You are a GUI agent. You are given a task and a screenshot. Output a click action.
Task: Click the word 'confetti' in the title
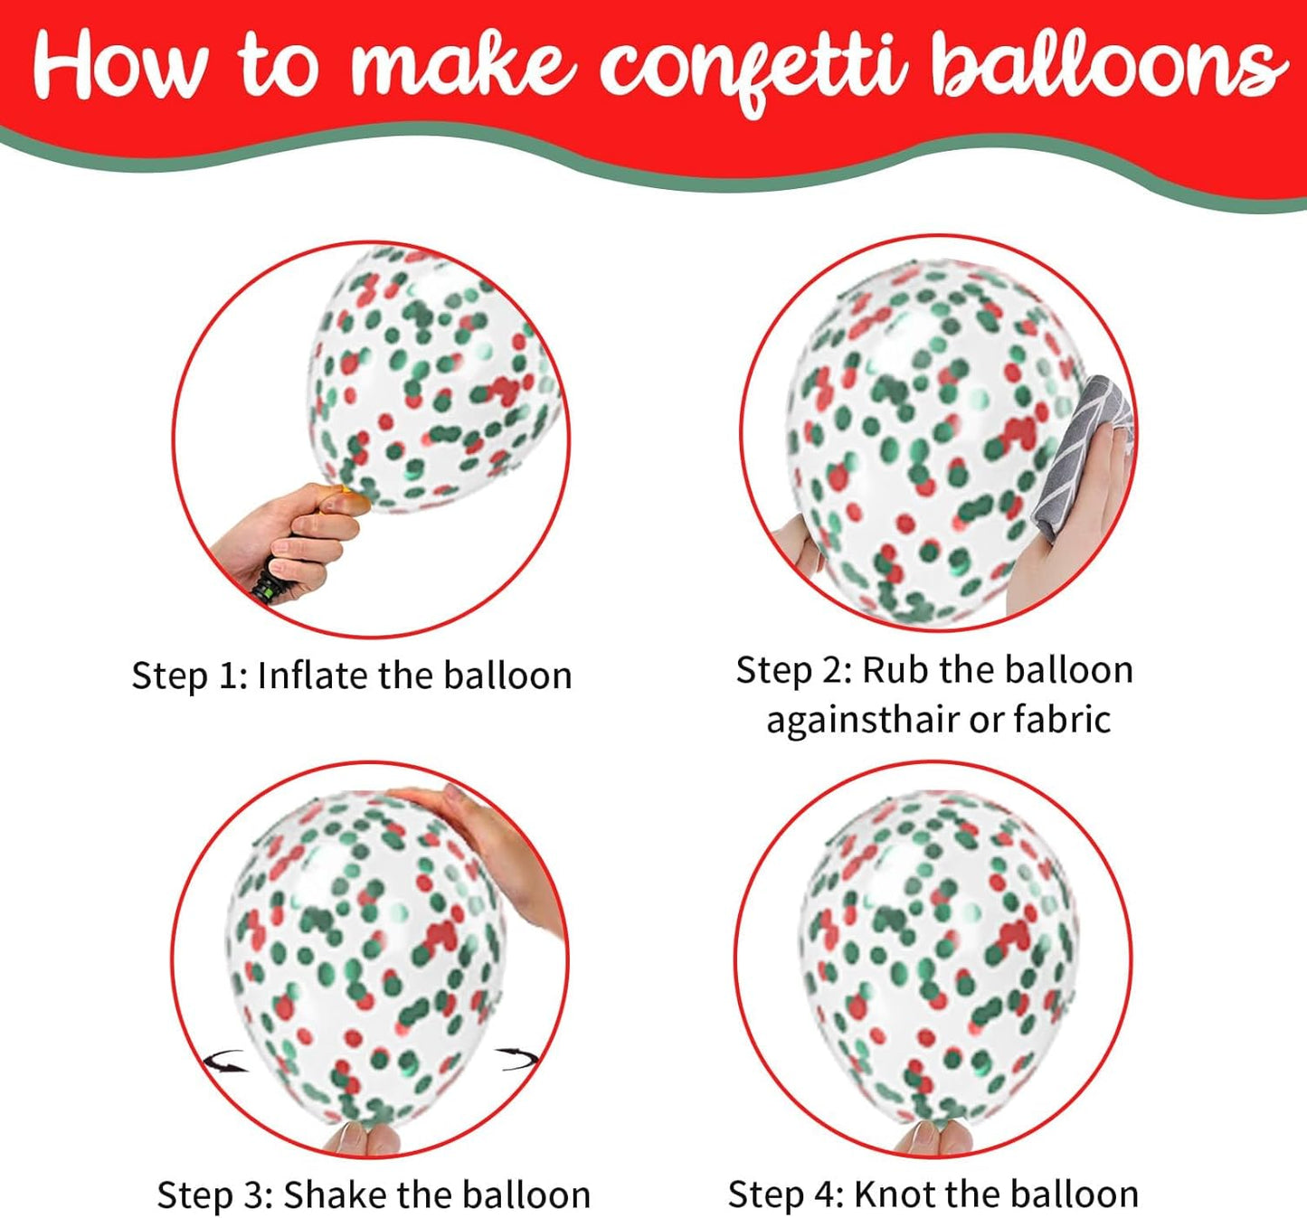pyautogui.click(x=753, y=68)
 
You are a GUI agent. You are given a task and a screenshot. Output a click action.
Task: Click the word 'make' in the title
pyautogui.click(x=462, y=65)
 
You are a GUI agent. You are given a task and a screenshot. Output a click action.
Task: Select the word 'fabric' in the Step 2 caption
pyautogui.click(x=1062, y=720)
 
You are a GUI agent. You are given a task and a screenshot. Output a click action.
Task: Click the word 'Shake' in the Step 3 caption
pyautogui.click(x=334, y=1194)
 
